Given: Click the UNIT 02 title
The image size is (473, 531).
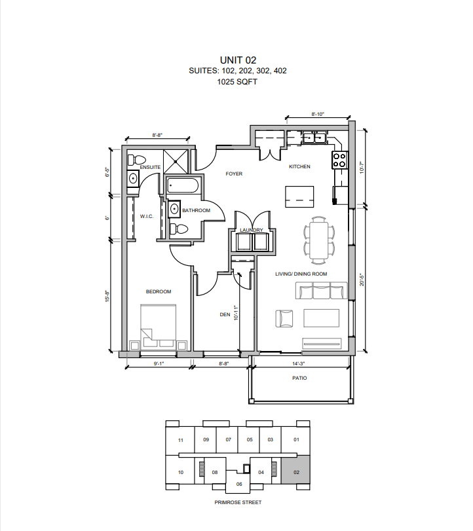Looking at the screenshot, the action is tap(238, 60).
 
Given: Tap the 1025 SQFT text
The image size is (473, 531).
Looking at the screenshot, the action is tap(237, 82).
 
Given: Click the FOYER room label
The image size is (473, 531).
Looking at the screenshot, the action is tap(234, 174).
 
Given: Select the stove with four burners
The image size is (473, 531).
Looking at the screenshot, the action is tap(339, 160).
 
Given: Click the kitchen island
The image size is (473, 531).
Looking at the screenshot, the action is tap(299, 196).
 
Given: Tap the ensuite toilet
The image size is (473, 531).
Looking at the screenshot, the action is tap(137, 160).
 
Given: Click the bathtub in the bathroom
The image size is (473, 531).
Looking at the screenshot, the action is tap(182, 185).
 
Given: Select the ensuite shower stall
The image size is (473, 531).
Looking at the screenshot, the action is tap(176, 162).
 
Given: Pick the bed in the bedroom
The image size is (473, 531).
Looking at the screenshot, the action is tap(159, 326).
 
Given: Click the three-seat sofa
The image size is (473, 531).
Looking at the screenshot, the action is tap(322, 290).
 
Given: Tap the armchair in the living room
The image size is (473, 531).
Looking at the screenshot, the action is tap(284, 319).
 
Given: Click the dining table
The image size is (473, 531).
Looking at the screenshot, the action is tap(319, 240).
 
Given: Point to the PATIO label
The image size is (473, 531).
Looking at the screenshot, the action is tap(299, 378).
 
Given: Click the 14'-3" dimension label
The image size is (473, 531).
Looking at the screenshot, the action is tap(299, 363).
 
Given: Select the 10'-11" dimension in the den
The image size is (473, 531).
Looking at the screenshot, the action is tap(236, 312).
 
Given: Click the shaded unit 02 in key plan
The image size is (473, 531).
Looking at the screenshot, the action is tap(295, 469).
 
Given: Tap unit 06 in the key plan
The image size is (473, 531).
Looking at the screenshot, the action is tap(239, 484).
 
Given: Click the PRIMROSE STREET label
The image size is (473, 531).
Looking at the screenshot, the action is tap(238, 503).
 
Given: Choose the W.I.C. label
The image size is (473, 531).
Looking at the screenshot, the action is tap(147, 217).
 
